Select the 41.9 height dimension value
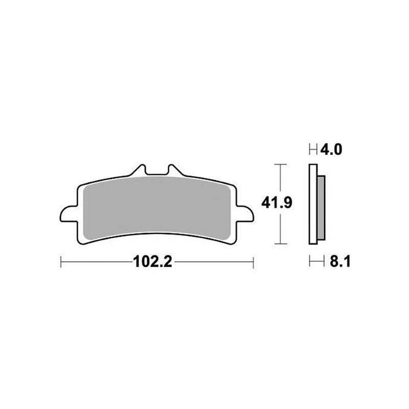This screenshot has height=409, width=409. (x=277, y=203)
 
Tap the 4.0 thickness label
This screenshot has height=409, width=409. (x=331, y=150)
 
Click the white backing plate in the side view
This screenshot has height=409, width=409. (x=313, y=204)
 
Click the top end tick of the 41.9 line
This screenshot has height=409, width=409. (x=278, y=165)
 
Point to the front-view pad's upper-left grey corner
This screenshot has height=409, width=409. (x=87, y=189)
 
